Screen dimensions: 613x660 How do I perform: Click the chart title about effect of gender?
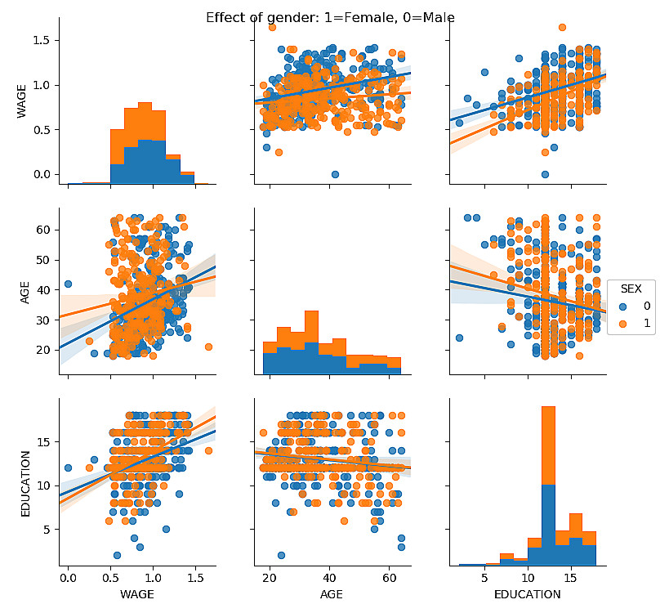coord(330,17)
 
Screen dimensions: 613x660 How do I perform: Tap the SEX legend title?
coord(630,289)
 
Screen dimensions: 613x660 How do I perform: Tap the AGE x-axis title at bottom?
coord(330,595)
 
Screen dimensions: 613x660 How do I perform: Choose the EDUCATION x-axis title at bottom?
coord(528,595)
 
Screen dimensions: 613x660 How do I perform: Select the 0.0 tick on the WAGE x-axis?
coord(68,577)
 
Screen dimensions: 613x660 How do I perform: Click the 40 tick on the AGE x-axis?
coord(330,577)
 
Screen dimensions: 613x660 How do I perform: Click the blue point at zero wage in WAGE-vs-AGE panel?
coord(336,174)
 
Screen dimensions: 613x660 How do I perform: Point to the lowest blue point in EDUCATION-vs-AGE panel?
coord(281,555)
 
